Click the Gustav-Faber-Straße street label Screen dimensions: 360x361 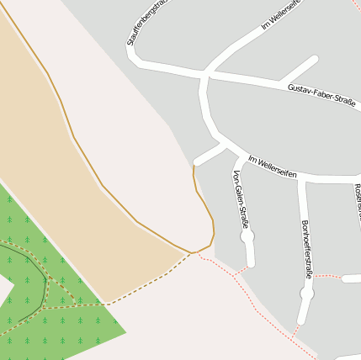coord(321,93)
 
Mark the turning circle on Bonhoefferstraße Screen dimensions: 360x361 coord(306,294)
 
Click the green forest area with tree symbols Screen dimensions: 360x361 coord(67,328)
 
